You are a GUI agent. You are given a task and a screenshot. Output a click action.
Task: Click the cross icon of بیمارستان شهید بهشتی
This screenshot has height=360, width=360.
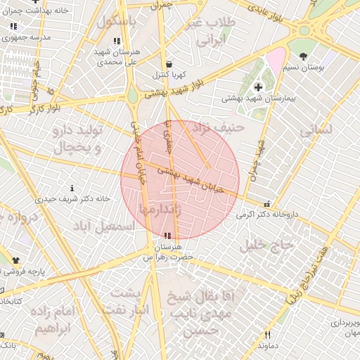tap(259, 86)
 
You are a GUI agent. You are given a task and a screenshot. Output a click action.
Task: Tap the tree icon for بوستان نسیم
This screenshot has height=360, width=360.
tap(303, 56)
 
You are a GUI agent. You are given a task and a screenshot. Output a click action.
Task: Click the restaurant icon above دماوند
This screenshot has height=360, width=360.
tap(267, 335)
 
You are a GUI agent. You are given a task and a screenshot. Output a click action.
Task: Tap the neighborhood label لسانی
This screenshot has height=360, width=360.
tap(315, 131)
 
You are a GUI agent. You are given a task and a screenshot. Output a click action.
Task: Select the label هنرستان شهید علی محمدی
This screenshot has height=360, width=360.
tap(117, 57)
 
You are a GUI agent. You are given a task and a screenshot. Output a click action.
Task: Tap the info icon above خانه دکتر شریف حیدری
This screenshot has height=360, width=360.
tap(72, 188)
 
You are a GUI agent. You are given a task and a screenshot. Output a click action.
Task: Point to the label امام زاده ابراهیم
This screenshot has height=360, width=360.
tap(53, 319)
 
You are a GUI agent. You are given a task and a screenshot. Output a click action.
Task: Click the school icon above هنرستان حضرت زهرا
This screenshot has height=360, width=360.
tap(167, 236)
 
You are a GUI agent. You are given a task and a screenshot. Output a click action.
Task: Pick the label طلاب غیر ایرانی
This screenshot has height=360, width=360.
tap(209, 32)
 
